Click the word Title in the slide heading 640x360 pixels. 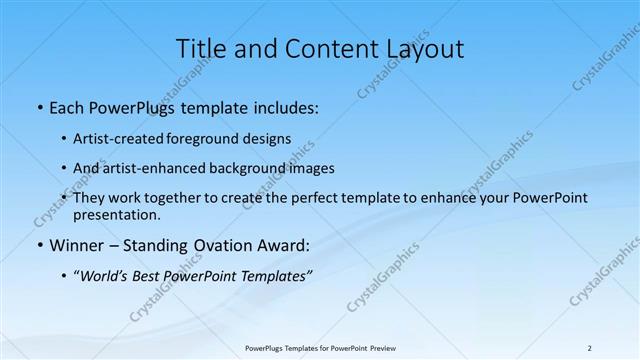(200, 48)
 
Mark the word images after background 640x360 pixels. (309, 168)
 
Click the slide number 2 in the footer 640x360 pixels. (589, 348)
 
